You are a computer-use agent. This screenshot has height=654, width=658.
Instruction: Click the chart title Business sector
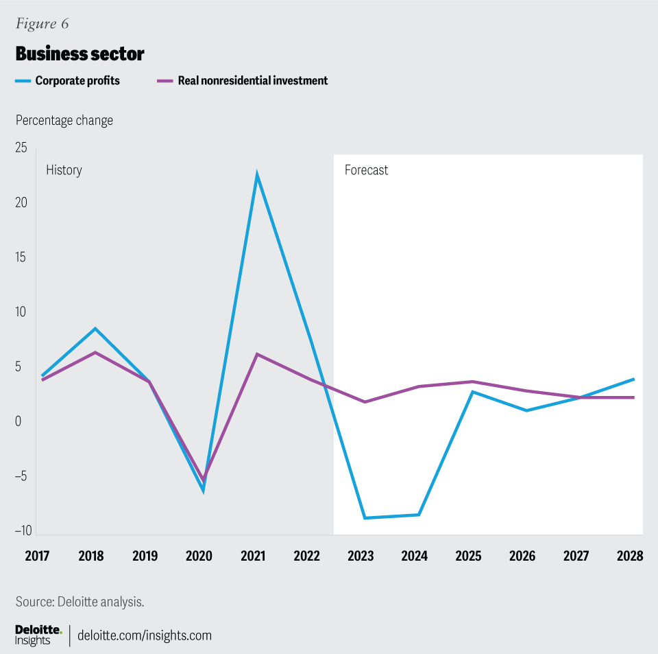(80, 54)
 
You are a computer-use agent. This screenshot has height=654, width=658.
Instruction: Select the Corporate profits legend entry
(77, 81)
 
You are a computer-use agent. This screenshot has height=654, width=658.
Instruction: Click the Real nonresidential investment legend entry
(252, 81)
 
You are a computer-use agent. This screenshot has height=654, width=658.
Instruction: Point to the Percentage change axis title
(64, 121)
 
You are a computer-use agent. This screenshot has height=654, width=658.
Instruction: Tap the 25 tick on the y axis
(21, 148)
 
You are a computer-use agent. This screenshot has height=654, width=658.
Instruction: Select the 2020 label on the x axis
(199, 555)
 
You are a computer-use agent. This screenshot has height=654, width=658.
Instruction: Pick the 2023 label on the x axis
(361, 555)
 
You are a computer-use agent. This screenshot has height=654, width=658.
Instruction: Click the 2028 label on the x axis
(630, 555)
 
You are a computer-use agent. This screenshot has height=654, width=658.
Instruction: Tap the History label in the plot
(64, 170)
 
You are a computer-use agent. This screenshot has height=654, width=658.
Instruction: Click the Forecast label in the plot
(366, 170)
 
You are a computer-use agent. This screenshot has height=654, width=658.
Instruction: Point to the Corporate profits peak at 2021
(256, 174)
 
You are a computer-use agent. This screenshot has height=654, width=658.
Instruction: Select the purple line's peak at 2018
(95, 352)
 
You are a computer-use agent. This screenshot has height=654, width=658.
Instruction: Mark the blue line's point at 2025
(472, 392)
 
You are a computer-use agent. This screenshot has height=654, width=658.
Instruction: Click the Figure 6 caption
(42, 24)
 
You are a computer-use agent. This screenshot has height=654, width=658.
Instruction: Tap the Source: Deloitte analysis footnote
(80, 602)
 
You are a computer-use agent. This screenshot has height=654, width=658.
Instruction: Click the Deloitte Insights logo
(38, 635)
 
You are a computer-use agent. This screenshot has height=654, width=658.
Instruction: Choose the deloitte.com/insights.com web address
(145, 635)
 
